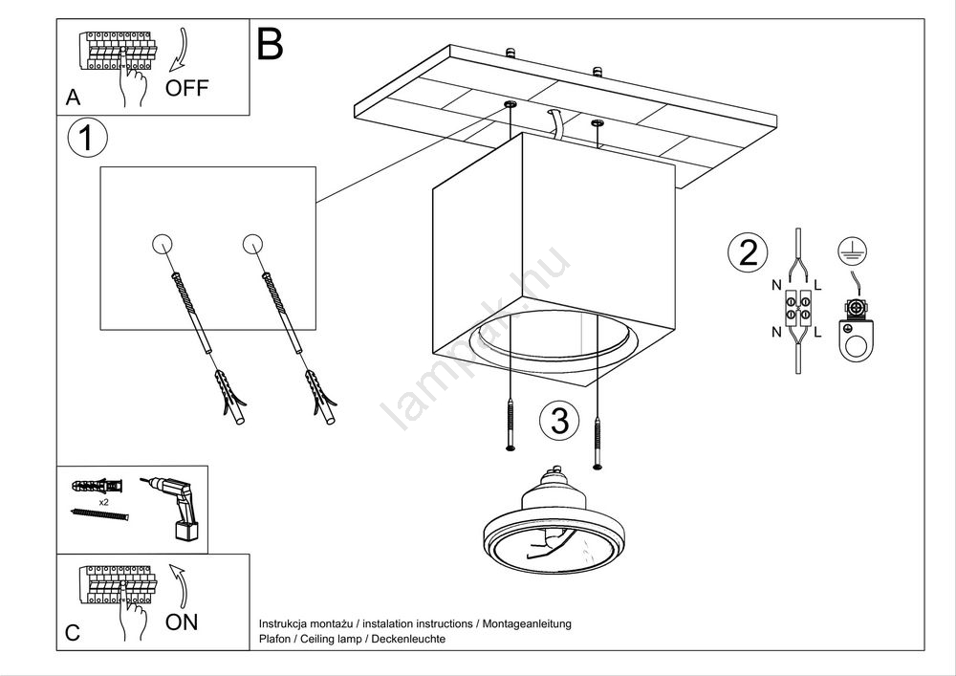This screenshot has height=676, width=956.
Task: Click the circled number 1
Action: [x=87, y=140]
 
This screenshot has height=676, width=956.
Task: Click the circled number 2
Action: [x=748, y=252]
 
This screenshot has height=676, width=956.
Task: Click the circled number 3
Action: [x=559, y=420]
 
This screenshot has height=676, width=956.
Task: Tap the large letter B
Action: [x=271, y=45]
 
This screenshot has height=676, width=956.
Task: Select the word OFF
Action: [x=186, y=89]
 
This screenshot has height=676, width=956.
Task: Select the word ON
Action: [x=182, y=622]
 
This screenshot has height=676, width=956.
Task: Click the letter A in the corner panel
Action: [x=73, y=98]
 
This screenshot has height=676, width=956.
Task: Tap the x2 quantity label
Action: [x=102, y=500]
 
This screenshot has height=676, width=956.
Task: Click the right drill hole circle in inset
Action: [x=253, y=244]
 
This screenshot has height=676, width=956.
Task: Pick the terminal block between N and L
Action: [x=797, y=308]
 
